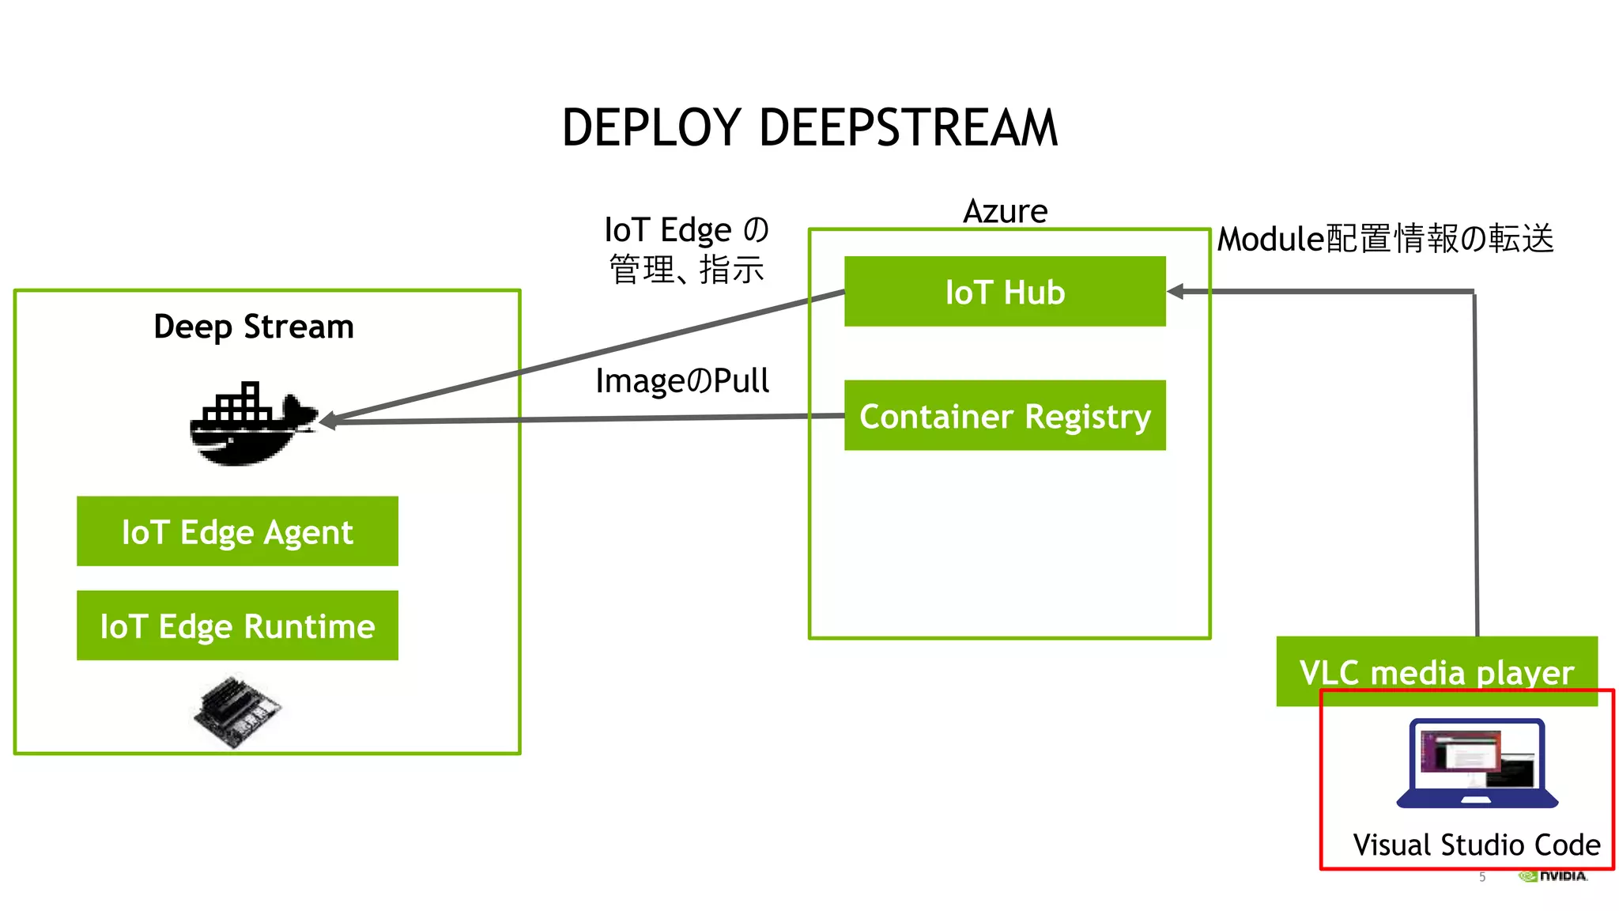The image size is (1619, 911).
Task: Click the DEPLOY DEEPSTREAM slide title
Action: (809, 128)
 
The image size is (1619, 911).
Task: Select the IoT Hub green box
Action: (1005, 292)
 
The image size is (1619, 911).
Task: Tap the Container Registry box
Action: (1005, 416)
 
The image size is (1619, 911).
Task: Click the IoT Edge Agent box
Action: (237, 531)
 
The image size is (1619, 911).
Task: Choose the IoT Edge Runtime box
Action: (237, 626)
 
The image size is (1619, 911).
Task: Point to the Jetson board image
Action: (237, 710)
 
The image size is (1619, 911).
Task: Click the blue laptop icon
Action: (1477, 764)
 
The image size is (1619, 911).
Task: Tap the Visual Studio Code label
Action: (1476, 845)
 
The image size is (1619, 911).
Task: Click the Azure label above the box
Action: (1005, 211)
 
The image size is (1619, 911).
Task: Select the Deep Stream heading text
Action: (253, 327)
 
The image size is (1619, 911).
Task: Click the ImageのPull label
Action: (681, 381)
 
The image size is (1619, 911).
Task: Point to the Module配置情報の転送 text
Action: (1385, 239)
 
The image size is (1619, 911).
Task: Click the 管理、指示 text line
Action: (686, 270)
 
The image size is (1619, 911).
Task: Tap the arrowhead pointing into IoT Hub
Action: (1176, 292)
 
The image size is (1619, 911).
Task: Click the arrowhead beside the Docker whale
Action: (327, 421)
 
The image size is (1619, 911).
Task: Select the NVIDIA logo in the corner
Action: (1553, 876)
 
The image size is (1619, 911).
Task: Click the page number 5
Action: (1482, 877)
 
